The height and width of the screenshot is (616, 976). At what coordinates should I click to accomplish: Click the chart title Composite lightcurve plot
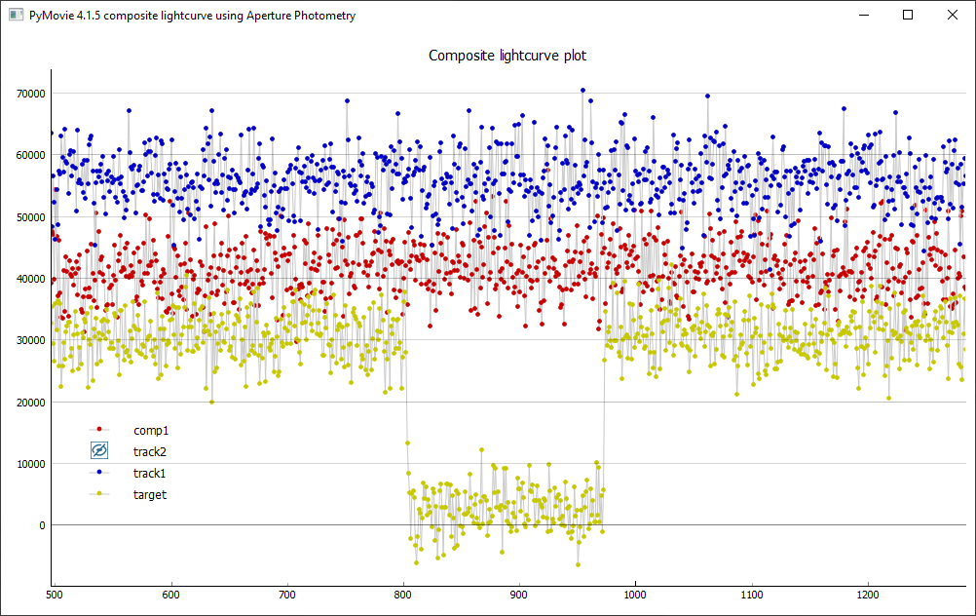pos(507,56)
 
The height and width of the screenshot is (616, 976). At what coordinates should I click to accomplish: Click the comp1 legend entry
pos(151,430)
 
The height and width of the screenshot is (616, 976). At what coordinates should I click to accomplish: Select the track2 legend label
pos(150,451)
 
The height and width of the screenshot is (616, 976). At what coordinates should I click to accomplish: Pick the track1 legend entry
pos(150,473)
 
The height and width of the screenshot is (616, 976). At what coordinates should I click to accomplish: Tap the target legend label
pos(150,494)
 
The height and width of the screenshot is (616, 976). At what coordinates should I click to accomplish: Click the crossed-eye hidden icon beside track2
pos(99,450)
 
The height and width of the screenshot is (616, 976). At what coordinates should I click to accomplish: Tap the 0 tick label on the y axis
pos(42,525)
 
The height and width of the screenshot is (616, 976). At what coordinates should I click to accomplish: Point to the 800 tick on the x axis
pos(403,593)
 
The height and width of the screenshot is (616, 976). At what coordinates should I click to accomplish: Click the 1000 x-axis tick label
pos(635,593)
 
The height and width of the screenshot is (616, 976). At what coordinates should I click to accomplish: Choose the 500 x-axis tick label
pos(55,593)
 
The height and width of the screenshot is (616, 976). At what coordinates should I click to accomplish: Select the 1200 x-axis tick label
pos(868,593)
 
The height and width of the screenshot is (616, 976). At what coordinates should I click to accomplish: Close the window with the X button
pos(953,15)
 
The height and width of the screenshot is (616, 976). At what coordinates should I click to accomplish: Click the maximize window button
pos(908,15)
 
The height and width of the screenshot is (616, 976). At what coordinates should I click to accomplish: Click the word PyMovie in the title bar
pos(52,16)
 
